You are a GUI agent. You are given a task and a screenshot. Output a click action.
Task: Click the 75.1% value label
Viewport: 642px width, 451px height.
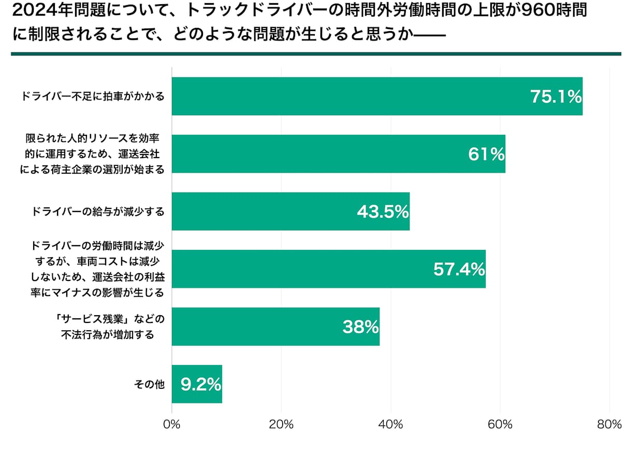[556, 96]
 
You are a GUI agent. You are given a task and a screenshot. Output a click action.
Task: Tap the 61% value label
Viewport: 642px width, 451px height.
[486, 154]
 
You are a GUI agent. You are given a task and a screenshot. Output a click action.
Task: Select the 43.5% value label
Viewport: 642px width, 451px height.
[383, 212]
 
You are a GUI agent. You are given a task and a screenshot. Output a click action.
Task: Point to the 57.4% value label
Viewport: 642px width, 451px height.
[459, 270]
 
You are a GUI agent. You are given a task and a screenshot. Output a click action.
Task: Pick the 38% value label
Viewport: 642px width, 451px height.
[360, 327]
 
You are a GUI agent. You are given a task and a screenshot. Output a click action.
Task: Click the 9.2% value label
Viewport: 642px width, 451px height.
[201, 385]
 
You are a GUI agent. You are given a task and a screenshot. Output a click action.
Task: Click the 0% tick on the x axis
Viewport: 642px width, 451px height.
[171, 425]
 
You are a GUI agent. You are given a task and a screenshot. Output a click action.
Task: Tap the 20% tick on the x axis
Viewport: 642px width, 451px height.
[281, 425]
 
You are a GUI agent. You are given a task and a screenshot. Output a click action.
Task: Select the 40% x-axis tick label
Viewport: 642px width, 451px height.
[391, 425]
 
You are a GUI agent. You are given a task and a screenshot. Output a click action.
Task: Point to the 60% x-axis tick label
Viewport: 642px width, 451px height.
[500, 425]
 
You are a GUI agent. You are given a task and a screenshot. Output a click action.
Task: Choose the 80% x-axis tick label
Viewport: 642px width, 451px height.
[609, 425]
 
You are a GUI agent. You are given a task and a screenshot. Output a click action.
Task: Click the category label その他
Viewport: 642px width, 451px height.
[149, 385]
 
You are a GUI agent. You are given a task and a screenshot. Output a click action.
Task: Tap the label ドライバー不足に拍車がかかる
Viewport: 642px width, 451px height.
[93, 96]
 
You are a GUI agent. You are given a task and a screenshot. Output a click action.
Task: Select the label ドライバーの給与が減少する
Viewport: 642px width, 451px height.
[98, 212]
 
